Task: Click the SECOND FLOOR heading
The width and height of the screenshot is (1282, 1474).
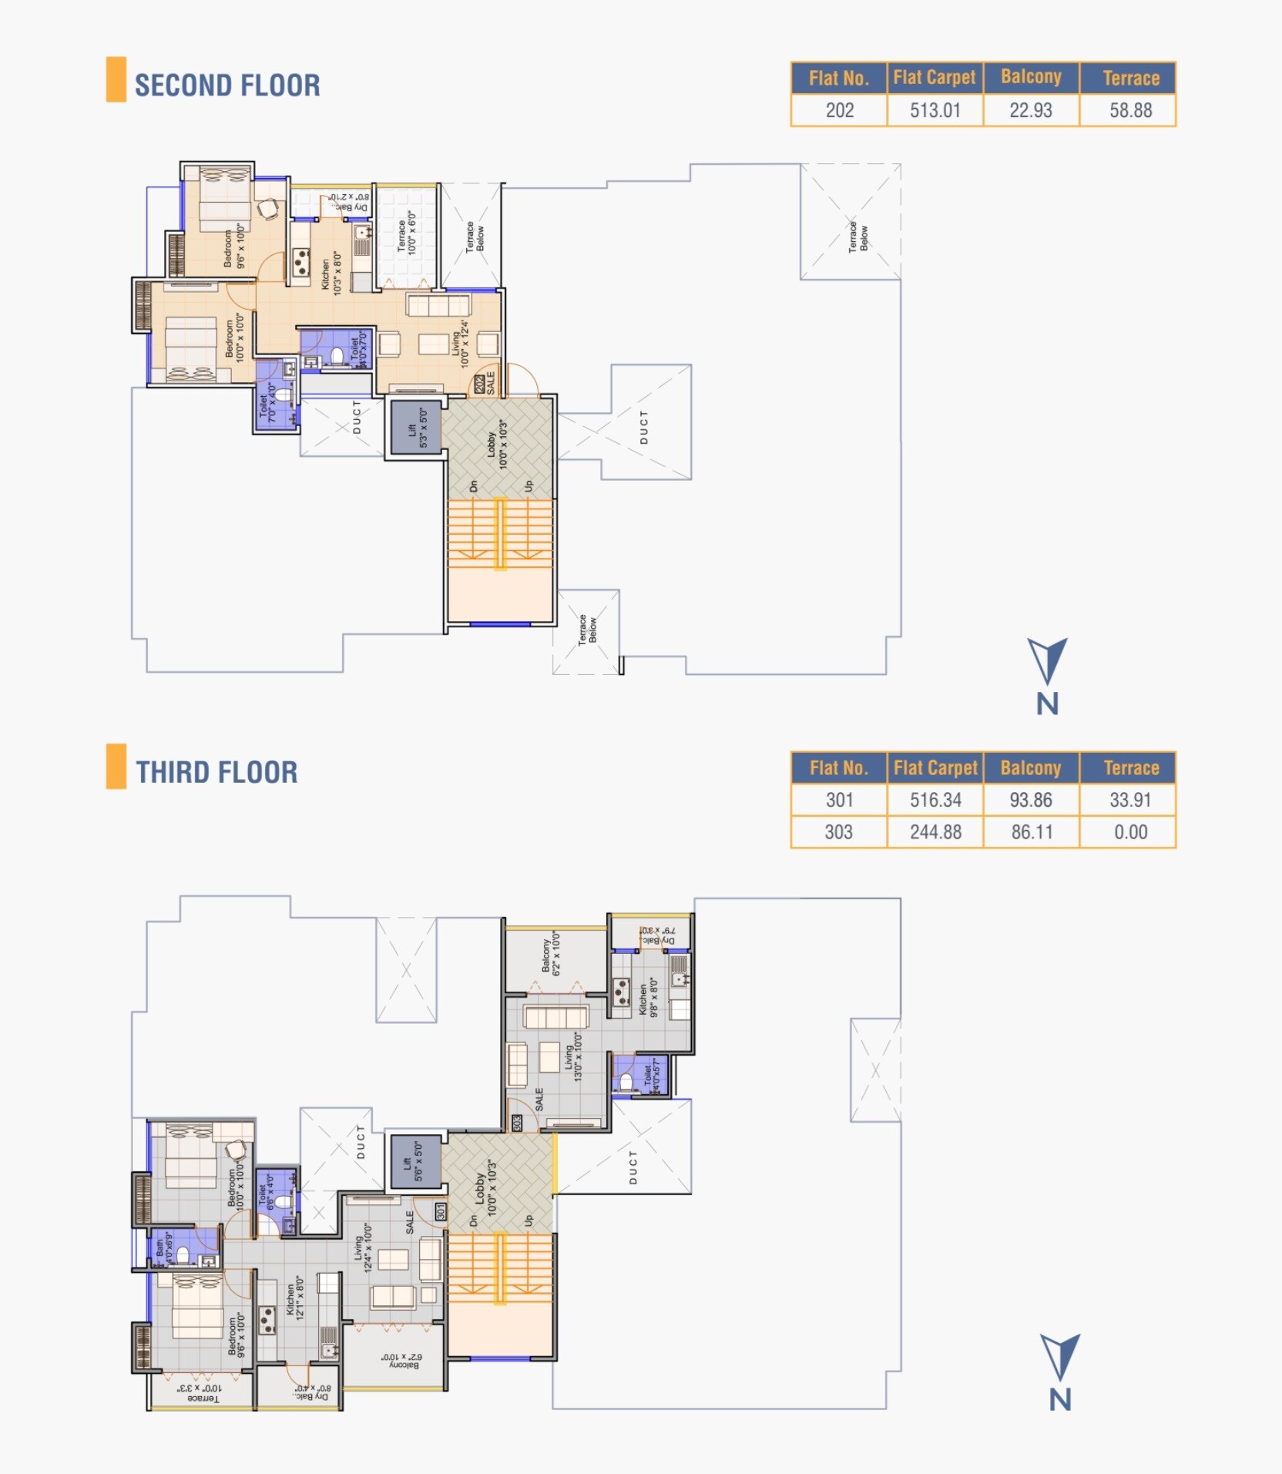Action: pos(227,85)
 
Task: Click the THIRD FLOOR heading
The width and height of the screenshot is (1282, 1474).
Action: pos(216,772)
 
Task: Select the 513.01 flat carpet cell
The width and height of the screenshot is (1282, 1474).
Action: pos(935,110)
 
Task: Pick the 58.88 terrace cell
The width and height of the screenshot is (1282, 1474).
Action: pos(1130,110)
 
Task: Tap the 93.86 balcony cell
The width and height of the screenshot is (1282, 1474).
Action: pos(1031,800)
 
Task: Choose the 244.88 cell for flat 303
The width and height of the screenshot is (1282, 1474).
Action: pos(935,832)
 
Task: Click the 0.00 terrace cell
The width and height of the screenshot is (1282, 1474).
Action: pos(1130,832)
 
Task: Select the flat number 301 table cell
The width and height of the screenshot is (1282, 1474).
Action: pos(839,800)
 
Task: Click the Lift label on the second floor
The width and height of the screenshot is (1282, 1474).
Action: pos(417,428)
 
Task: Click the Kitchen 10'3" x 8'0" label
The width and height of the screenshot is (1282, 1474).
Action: pos(331,273)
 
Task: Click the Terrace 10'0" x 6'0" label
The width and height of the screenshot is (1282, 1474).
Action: pos(406,233)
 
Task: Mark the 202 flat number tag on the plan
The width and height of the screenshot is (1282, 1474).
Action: pos(480,384)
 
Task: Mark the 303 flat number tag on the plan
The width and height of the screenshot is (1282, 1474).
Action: pos(518,1123)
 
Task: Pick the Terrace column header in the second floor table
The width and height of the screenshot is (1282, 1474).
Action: pos(1130,78)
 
